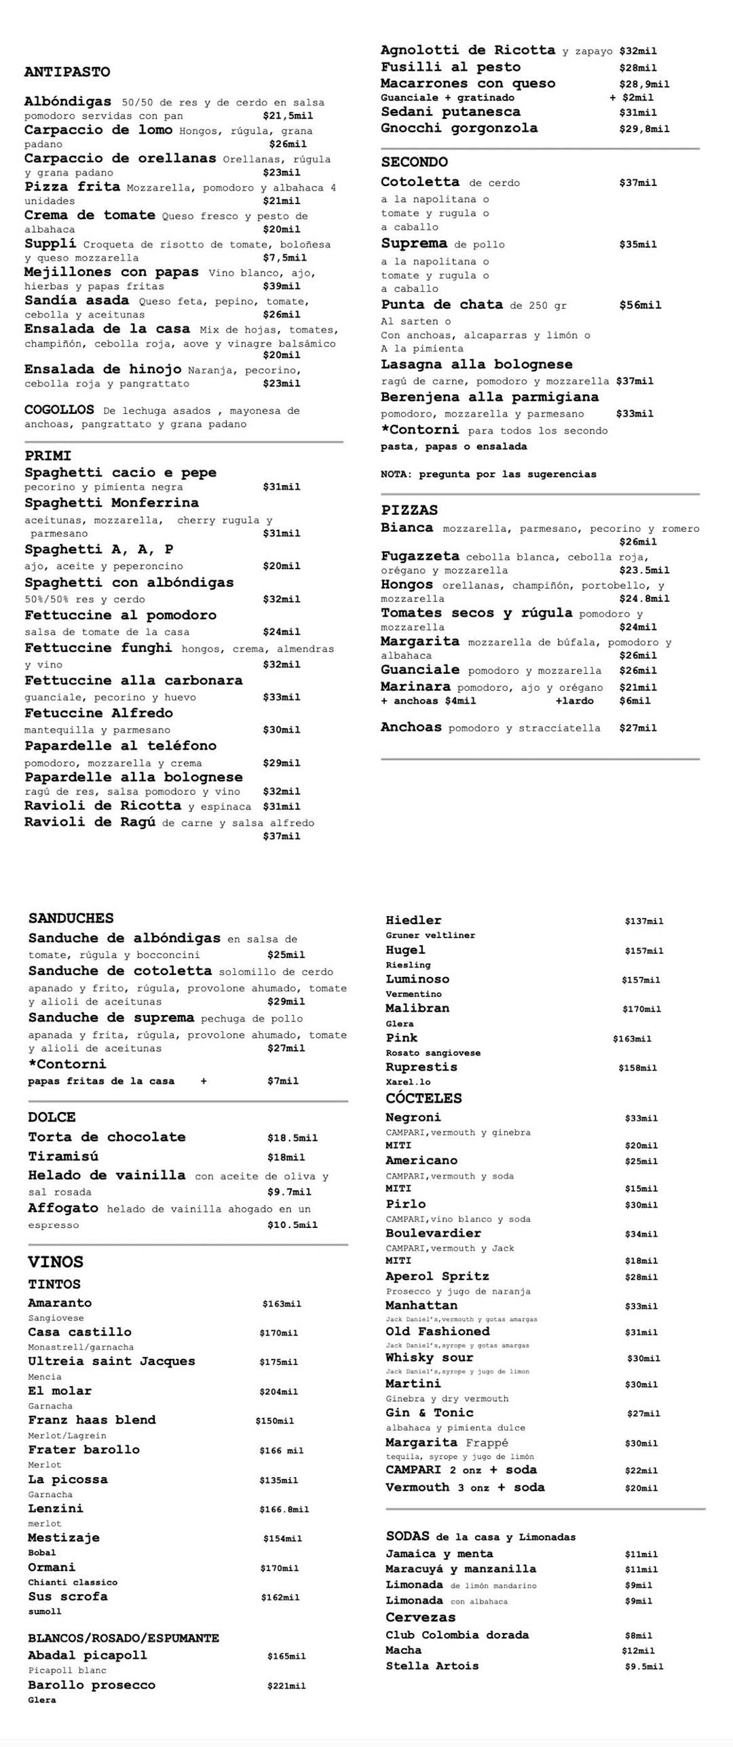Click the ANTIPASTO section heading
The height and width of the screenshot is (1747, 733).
67,72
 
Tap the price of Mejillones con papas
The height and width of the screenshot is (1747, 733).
281,286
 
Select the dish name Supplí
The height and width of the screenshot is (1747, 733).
50,244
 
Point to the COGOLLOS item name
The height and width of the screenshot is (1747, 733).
59,410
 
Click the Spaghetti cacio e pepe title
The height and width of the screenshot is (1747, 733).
120,472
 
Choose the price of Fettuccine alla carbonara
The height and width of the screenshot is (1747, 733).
281,697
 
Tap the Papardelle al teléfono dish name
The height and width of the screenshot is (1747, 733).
120,746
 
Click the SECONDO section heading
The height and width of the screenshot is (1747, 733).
414,161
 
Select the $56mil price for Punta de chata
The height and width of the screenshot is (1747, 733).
639,305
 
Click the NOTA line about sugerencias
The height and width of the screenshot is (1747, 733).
488,474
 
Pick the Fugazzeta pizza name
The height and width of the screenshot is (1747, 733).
419,556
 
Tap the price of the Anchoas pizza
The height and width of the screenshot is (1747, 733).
637,728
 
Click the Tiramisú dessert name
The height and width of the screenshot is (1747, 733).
62,1157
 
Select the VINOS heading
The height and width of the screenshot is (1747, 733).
56,1262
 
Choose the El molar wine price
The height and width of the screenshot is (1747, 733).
278,1391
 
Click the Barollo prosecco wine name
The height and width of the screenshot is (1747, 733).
92,1685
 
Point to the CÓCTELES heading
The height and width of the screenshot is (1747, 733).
424,1098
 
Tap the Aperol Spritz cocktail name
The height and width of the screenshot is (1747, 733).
437,1276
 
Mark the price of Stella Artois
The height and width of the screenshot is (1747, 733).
643,1666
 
